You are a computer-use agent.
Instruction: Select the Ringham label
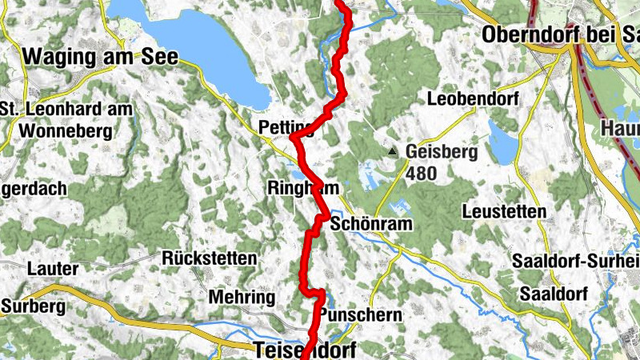coord(302,188)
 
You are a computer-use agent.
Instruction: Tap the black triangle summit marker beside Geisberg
coord(391,150)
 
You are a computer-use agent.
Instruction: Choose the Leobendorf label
coord(473,100)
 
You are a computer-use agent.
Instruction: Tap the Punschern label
coord(360,315)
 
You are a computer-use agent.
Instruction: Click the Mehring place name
coord(242,297)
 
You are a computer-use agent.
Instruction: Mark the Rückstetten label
coord(210,258)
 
